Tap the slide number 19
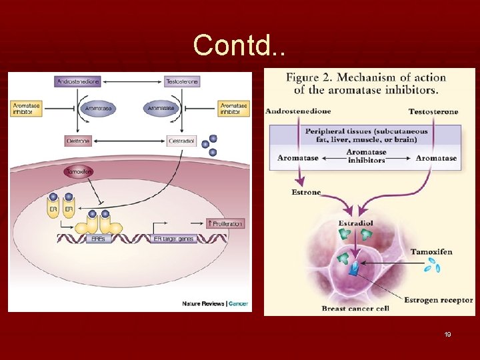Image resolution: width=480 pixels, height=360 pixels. point(447,334)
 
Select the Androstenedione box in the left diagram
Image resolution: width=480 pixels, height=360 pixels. point(78,81)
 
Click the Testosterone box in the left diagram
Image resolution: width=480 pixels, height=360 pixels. point(181,81)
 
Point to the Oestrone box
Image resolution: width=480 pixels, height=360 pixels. point(79,141)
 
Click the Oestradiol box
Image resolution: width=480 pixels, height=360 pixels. point(181,141)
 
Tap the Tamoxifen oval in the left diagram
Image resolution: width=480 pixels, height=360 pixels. point(79,172)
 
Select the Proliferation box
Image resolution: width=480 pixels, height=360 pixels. point(225,223)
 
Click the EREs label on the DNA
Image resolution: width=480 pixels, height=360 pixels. point(97,238)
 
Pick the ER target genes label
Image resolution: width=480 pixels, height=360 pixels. point(175,238)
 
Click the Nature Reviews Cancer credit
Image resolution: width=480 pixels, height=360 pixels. point(215,303)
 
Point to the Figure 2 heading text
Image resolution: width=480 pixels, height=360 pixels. point(366,83)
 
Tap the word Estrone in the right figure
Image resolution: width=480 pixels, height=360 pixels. point(306,192)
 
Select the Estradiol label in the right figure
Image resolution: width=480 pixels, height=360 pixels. point(355,223)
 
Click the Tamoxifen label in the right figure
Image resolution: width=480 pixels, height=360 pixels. point(431,251)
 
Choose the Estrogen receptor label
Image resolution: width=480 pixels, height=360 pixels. point(438,301)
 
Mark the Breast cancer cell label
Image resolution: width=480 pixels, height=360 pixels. point(355,308)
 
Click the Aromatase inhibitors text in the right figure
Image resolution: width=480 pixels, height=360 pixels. point(366,157)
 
